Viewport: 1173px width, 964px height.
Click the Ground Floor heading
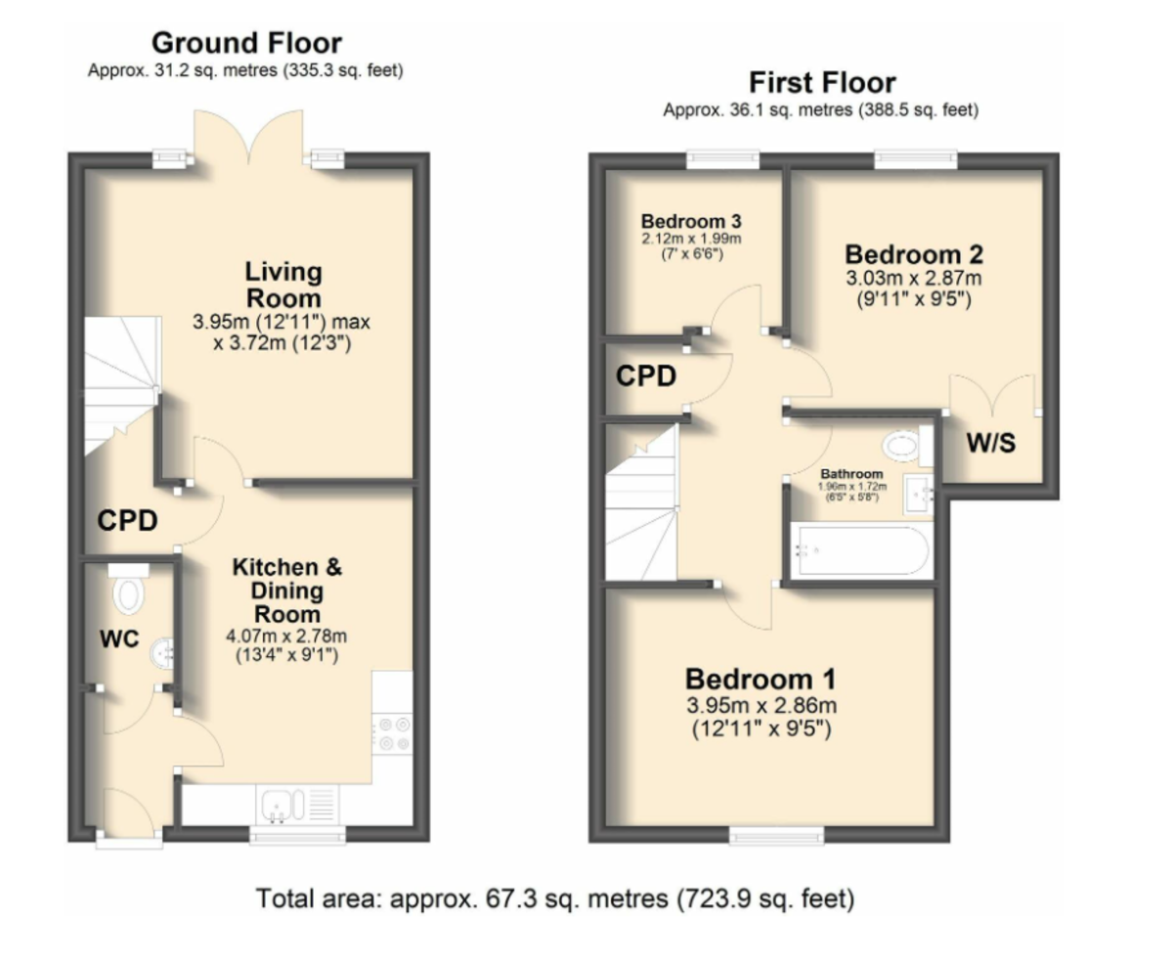click(x=246, y=43)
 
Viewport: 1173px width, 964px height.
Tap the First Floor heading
click(x=822, y=83)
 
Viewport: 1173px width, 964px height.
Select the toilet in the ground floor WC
click(x=128, y=589)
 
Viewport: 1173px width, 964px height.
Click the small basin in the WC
click(x=162, y=653)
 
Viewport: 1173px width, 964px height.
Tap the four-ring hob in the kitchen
click(x=393, y=733)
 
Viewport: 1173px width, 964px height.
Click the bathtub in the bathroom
click(x=861, y=550)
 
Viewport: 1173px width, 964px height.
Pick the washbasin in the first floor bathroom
click(x=918, y=494)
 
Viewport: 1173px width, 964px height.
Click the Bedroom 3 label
click(x=691, y=221)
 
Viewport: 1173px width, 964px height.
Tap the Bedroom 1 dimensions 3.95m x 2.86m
click(x=761, y=705)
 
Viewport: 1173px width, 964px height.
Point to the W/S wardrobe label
click(x=991, y=443)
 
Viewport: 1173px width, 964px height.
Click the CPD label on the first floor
click(x=646, y=376)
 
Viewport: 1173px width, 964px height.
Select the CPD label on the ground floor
click(x=127, y=521)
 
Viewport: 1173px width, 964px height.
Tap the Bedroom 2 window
click(x=916, y=159)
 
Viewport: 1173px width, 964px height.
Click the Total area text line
click(x=555, y=898)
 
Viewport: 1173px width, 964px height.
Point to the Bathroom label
click(x=852, y=474)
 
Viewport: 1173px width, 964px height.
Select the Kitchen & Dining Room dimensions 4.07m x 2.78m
click(x=286, y=635)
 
